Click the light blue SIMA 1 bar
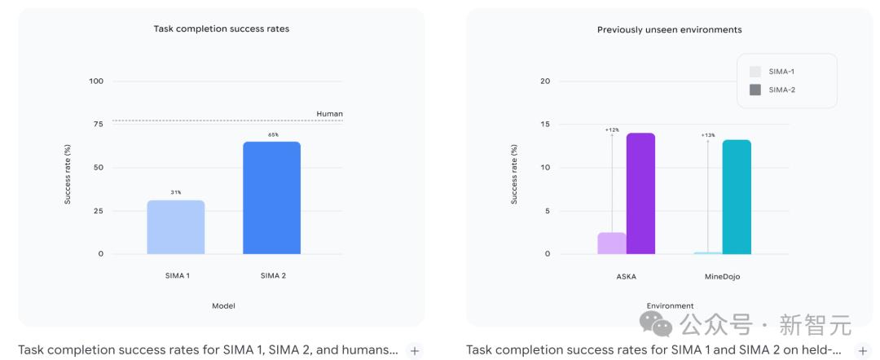tap(176, 227)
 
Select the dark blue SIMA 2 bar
tap(271, 198)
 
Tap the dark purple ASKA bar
tap(640, 194)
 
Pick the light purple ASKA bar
tap(612, 244)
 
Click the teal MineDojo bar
tap(737, 197)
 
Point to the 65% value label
tap(273, 134)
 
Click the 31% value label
tap(176, 192)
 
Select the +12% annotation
tap(612, 130)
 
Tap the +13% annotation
tap(708, 135)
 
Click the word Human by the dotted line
tap(329, 114)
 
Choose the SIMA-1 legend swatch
tap(755, 72)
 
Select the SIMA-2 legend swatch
tap(755, 90)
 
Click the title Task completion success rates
tap(222, 29)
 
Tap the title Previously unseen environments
tap(670, 29)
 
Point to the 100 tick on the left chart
tap(96, 81)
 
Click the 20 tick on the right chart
tap(545, 81)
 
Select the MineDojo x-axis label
tap(722, 276)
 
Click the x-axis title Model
tap(223, 306)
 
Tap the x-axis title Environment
tap(670, 306)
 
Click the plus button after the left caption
tap(414, 351)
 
